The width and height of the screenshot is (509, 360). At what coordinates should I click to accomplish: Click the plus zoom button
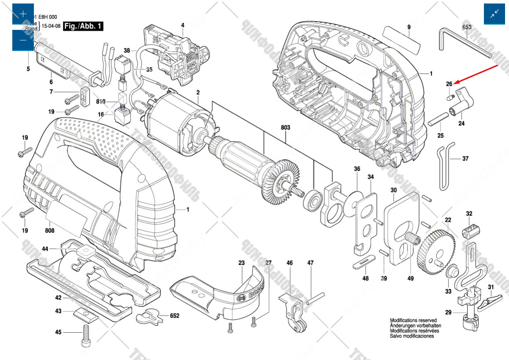(x=23, y=14)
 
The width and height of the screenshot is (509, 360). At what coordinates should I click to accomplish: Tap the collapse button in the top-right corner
(x=495, y=14)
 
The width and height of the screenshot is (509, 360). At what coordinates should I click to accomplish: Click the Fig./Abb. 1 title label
(x=83, y=26)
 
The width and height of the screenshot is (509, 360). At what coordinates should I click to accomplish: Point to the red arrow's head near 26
(x=455, y=83)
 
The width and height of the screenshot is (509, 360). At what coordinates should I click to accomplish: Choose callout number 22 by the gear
(x=448, y=220)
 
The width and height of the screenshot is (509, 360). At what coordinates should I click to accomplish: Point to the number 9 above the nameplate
(x=409, y=27)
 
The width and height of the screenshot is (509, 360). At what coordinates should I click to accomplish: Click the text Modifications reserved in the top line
(x=414, y=320)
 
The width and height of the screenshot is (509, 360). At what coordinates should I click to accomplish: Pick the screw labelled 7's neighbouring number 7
(x=51, y=92)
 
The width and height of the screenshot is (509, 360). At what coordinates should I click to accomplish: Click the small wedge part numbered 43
(x=85, y=313)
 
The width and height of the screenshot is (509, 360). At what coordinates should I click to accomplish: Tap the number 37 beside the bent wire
(x=465, y=159)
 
